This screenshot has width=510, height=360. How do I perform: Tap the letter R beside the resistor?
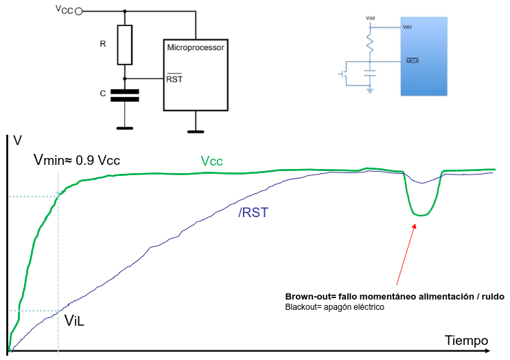tap(103, 44)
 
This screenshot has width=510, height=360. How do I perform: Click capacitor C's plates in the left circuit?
tap(124, 95)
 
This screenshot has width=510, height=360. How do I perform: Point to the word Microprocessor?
tap(196, 47)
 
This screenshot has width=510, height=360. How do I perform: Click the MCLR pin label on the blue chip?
tap(413, 61)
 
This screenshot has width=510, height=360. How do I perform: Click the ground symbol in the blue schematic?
tap(370, 89)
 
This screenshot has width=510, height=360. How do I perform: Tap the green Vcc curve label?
tap(211, 161)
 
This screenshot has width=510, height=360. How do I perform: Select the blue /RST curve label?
tap(253, 213)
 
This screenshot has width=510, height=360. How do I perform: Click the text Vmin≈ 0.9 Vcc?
tap(77, 160)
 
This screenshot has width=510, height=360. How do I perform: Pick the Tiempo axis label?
tap(466, 340)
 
